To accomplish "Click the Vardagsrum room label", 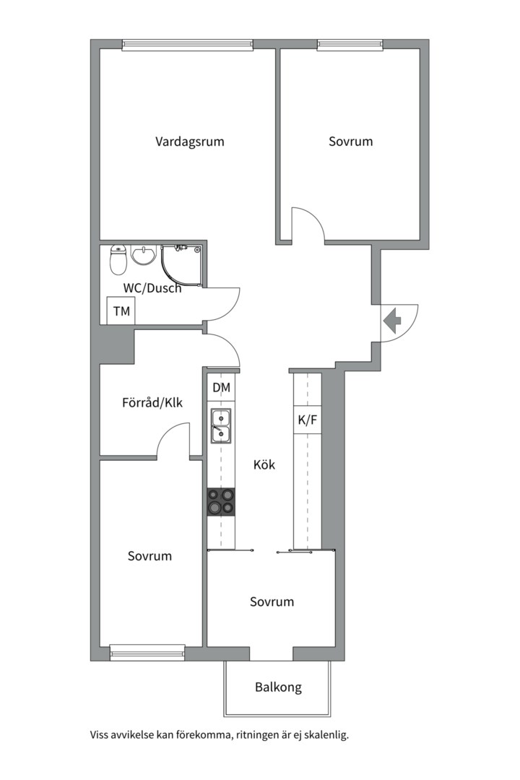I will click(189, 142).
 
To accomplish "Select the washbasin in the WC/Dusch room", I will click(144, 256).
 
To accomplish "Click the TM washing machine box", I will click(121, 311).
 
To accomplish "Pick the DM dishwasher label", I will click(221, 388).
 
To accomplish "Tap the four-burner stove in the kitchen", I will click(221, 501).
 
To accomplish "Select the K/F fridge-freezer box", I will click(307, 420).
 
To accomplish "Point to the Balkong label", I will click(278, 687).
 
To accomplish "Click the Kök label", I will click(264, 465).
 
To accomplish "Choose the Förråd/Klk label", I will click(152, 402).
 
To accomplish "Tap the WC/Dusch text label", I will click(152, 288).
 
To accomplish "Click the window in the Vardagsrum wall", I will click(187, 44).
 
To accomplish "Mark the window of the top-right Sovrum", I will click(350, 44).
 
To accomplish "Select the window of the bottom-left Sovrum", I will click(147, 655).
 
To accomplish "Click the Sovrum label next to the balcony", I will click(272, 602).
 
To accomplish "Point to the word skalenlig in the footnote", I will click(325, 735).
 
